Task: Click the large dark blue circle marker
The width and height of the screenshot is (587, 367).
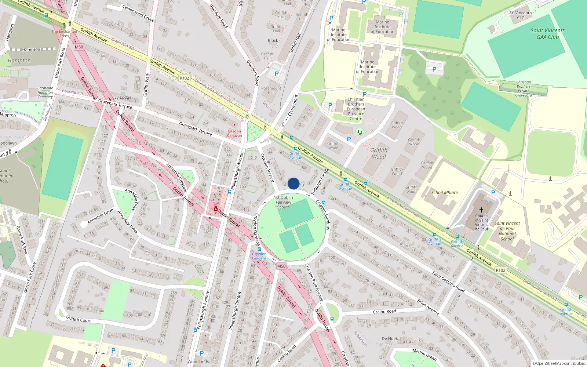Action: click(293, 183)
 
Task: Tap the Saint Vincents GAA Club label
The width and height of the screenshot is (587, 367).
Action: click(547, 34)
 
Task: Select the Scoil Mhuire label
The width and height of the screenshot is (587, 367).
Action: click(444, 192)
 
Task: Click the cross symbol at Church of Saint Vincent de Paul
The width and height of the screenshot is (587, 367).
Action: click(481, 210)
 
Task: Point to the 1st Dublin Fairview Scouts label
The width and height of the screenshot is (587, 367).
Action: click(283, 202)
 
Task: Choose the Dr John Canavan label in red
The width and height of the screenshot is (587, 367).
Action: click(234, 133)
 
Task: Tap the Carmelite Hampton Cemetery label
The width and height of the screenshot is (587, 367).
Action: click(45, 92)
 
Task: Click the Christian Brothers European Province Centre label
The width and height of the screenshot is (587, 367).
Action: click(356, 109)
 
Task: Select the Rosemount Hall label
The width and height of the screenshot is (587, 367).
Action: click(271, 90)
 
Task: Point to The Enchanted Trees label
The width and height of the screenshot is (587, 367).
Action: click(64, 33)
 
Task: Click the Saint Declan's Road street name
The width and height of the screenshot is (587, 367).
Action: click(448, 281)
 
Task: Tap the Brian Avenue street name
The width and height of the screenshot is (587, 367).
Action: click(428, 307)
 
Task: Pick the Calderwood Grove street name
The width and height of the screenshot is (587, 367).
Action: click(138, 13)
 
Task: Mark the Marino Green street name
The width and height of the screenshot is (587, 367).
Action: click(424, 354)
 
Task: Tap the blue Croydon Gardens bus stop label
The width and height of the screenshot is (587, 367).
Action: click(259, 256)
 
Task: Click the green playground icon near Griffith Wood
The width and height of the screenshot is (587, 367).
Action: click(360, 131)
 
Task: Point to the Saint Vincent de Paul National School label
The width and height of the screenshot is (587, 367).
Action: click(507, 231)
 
